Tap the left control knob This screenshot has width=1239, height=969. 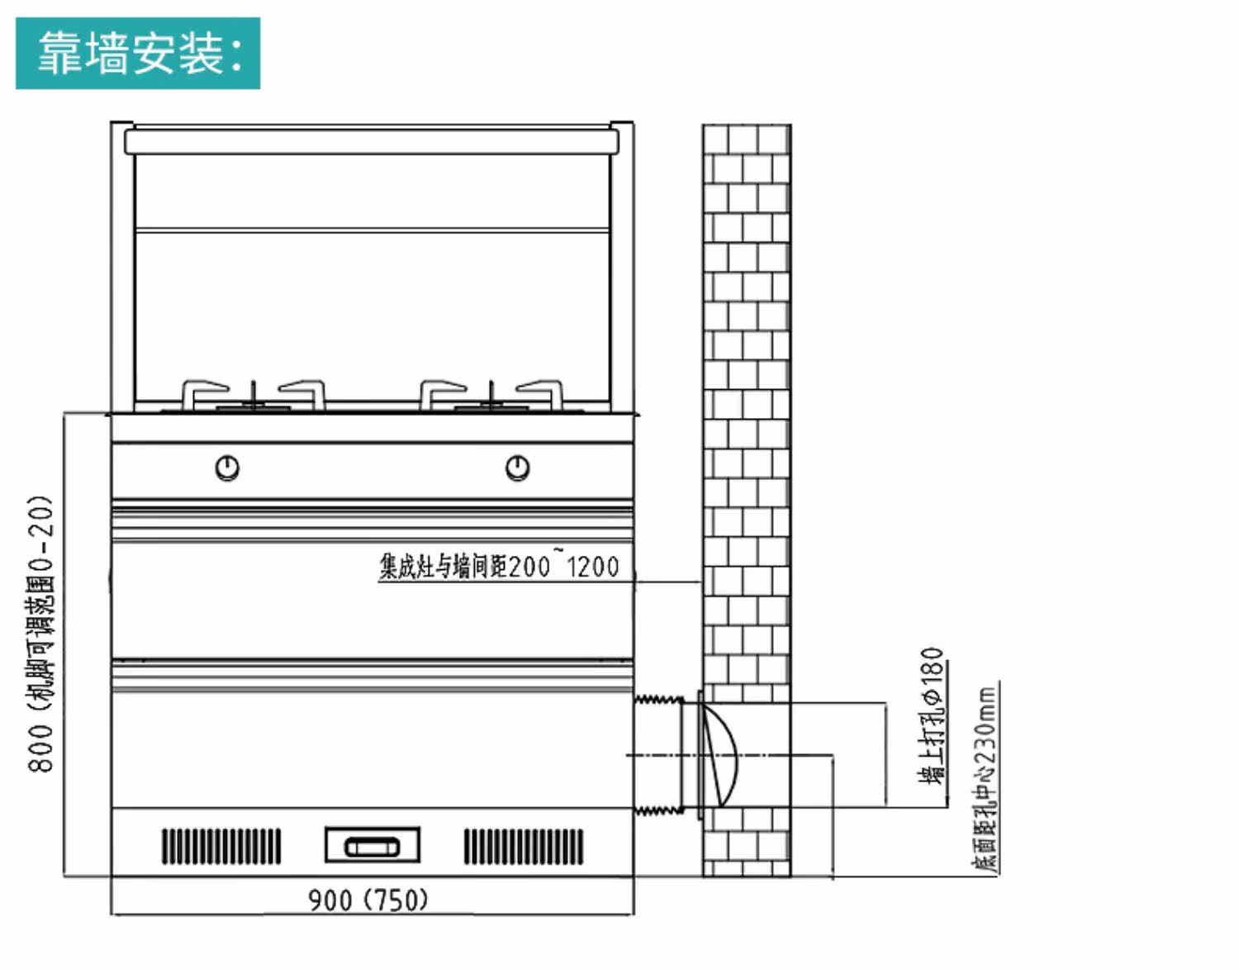coord(227,468)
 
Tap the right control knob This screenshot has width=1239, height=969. coord(517,468)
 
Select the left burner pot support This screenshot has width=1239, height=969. coord(254,396)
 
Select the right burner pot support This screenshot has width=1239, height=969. coord(491,396)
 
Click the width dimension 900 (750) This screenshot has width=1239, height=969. coord(368,899)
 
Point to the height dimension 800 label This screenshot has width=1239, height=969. coord(40,748)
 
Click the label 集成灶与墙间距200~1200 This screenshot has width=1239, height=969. coord(499,567)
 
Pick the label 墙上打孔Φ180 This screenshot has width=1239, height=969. coord(932,715)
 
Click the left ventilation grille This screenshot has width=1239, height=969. coord(221,846)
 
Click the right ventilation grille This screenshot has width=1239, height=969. coord(523,846)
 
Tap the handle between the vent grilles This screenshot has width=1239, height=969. coord(372,846)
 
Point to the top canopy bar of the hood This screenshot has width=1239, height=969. coord(372,141)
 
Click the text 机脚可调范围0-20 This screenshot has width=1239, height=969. coord(40,603)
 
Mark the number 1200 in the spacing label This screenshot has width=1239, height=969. coord(592,567)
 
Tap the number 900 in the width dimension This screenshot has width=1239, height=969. coord(330,899)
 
